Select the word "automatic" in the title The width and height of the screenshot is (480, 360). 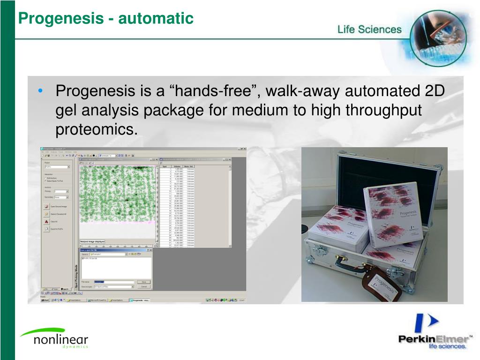[x=156, y=18]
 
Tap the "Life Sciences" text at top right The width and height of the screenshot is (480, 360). [x=369, y=30]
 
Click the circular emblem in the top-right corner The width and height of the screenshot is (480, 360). [x=438, y=37]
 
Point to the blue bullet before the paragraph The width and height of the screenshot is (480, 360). [x=42, y=91]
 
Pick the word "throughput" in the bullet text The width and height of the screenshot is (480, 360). [x=384, y=110]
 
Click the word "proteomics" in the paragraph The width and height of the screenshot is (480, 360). [x=96, y=130]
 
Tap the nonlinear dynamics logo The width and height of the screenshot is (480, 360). [x=54, y=338]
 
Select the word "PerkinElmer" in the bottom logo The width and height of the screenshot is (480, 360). [x=433, y=339]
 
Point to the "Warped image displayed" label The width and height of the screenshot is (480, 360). [x=92, y=242]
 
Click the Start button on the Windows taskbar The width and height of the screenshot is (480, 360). [x=45, y=300]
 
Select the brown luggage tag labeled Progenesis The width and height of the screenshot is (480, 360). [x=382, y=284]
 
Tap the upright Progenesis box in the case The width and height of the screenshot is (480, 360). [x=394, y=213]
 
